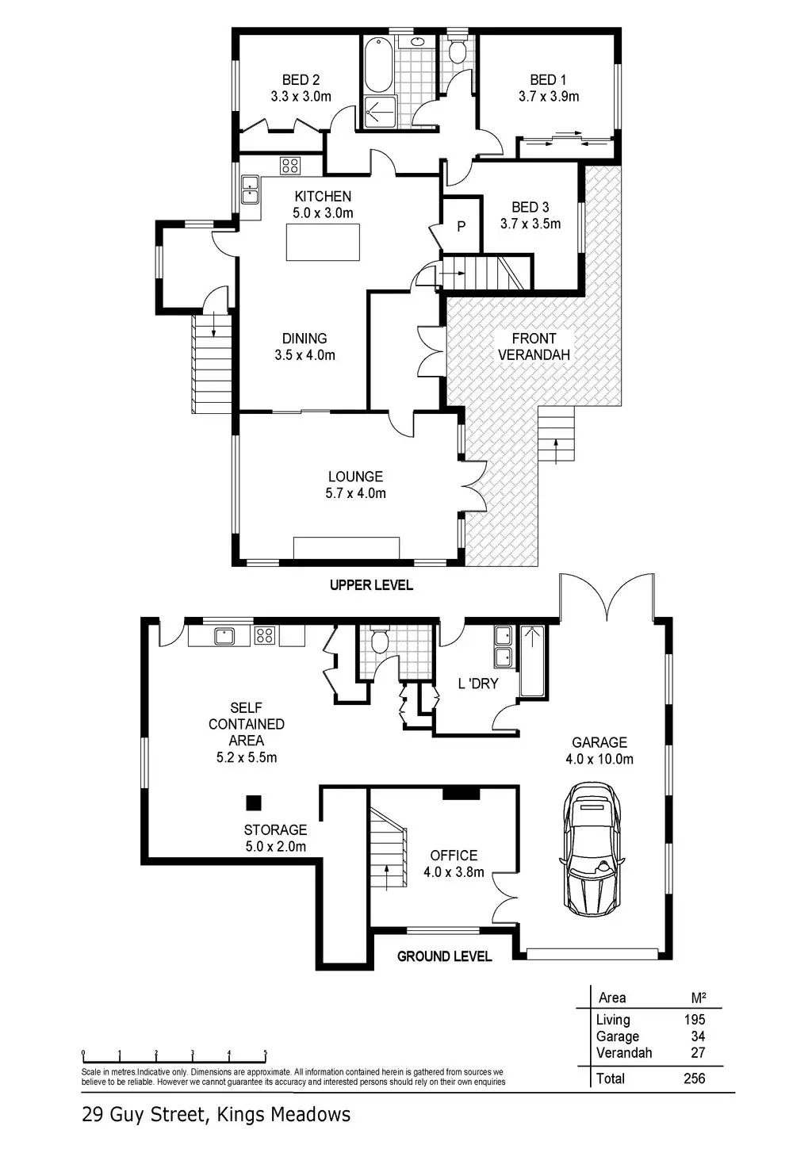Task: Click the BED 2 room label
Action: [301, 79]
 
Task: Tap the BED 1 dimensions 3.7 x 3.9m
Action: [549, 97]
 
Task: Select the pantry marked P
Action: [462, 226]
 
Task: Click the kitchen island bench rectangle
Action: [323, 242]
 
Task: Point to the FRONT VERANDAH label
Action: [534, 347]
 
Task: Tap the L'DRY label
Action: [477, 683]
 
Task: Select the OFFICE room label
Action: [454, 856]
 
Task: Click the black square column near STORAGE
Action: [253, 802]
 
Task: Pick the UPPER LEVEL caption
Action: [371, 585]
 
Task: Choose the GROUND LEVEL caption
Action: [444, 956]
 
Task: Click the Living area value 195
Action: [694, 1020]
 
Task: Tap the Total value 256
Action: [694, 1078]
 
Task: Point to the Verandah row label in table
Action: [624, 1053]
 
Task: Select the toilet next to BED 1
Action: [457, 52]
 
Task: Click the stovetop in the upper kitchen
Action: [289, 166]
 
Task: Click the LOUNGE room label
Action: [355, 477]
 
